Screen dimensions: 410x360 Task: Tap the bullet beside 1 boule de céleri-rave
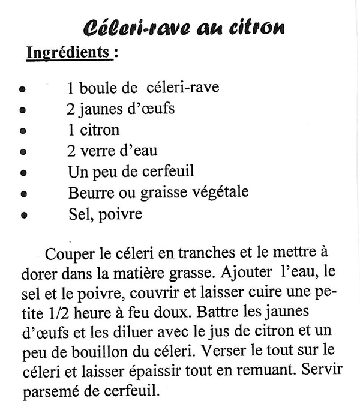click(x=22, y=89)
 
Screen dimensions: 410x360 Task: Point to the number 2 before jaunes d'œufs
click(x=70, y=109)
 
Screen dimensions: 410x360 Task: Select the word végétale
click(x=219, y=193)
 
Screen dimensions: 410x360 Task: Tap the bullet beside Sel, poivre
click(x=23, y=214)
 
